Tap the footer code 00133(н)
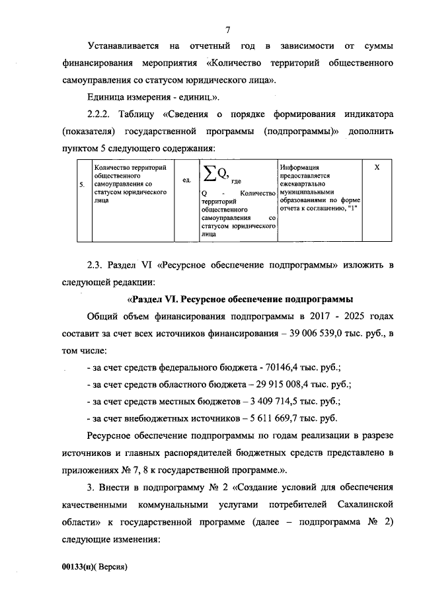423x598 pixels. click(76, 566)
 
